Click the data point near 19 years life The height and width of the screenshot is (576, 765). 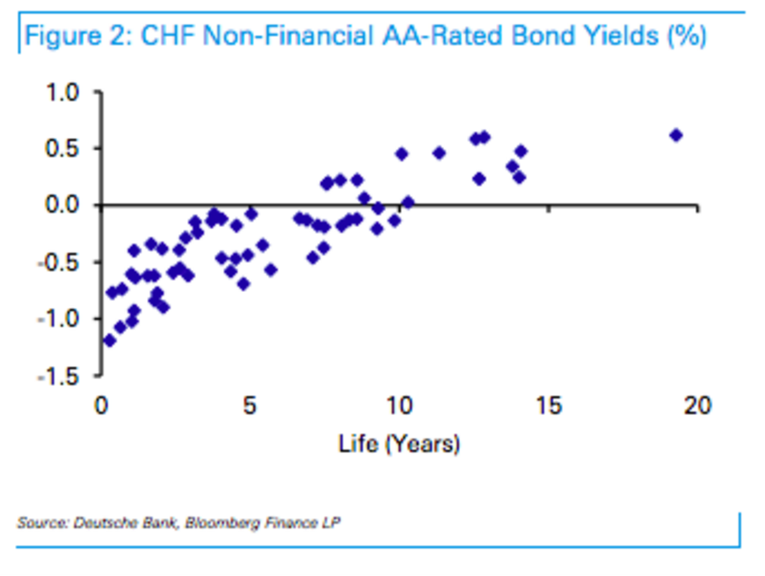pos(675,135)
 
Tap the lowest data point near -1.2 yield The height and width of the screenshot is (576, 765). pos(109,339)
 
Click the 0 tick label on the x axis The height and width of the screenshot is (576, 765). pos(102,406)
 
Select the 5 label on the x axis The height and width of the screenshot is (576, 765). pos(251,406)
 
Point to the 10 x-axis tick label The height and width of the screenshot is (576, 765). pos(399,406)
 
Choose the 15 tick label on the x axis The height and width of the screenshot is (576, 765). pos(548,406)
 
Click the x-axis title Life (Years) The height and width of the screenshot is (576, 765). pos(399,444)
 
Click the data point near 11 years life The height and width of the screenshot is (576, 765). pos(439,152)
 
